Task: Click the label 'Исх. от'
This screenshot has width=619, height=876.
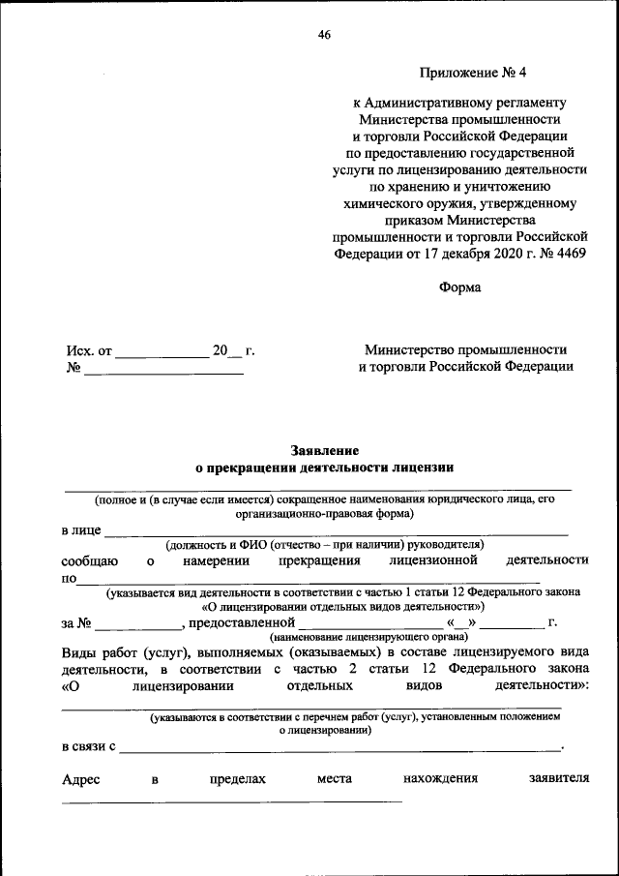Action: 89,349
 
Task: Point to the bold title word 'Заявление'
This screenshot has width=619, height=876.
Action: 324,450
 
